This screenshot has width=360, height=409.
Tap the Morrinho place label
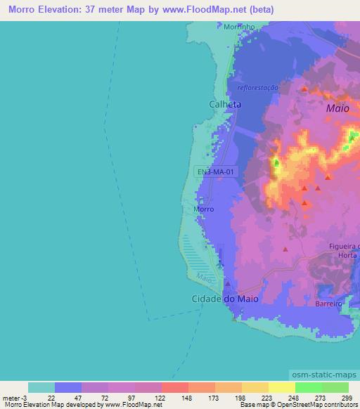tap(238, 27)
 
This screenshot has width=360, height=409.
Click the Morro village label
tap(203, 209)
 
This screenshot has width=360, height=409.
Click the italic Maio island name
tap(337, 109)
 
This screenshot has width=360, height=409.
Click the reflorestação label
tap(259, 88)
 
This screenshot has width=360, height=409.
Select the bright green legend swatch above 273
tap(309, 387)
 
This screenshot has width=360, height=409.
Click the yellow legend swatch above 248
tap(281, 387)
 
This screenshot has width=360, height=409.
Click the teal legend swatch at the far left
tap(41, 387)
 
